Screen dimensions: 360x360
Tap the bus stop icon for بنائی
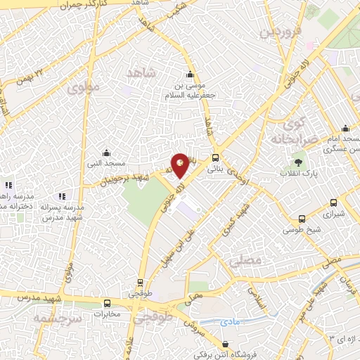click(216, 158)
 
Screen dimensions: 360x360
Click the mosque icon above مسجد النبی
click(106, 153)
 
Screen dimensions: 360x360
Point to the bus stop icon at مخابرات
click(107, 304)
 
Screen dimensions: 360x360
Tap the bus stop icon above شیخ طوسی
click(302, 219)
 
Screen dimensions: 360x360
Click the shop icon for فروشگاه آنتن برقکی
click(224, 344)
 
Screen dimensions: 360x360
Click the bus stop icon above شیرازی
click(330, 200)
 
